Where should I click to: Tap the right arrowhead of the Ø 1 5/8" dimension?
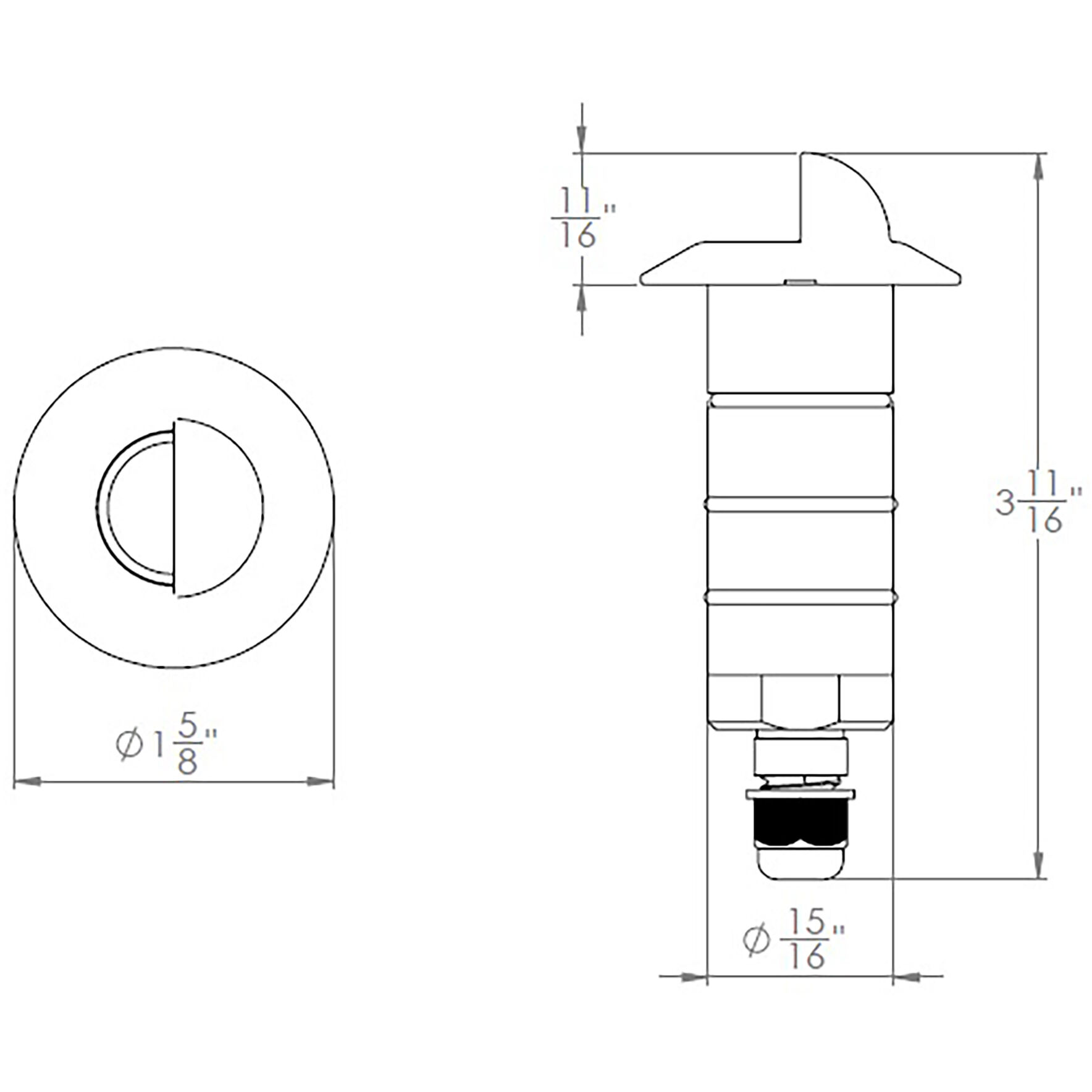321,782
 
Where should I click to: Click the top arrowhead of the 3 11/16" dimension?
1038,166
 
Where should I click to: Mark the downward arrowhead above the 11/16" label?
582,139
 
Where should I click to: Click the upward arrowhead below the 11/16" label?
582,298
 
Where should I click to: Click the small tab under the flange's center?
800,282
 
